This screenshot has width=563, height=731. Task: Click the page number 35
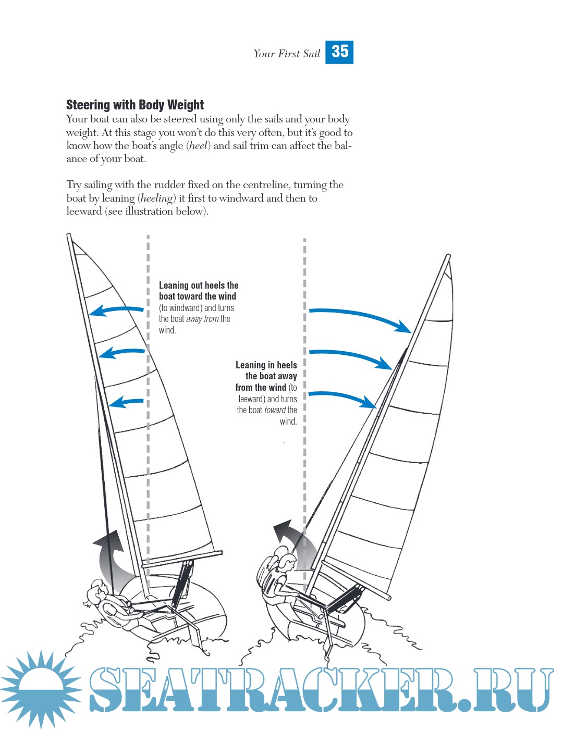point(339,52)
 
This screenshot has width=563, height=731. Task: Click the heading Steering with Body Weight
point(134,105)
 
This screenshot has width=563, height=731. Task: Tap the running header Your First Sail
point(286,54)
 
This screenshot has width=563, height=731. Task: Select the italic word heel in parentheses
point(198,146)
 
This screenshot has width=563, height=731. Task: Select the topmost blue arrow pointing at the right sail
point(360,317)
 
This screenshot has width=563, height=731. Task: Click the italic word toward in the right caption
point(275,410)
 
